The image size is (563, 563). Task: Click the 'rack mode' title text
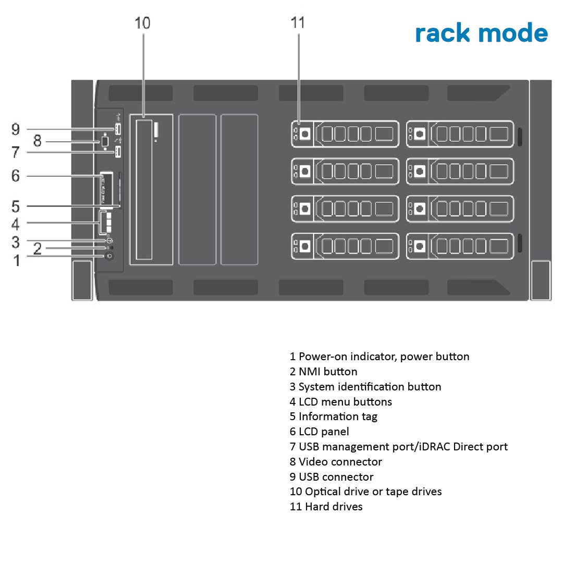click(x=481, y=33)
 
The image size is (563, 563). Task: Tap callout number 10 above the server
click(x=142, y=23)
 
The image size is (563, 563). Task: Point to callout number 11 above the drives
click(x=298, y=23)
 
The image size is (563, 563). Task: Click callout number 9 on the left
click(x=16, y=129)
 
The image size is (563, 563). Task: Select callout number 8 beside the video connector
click(x=37, y=141)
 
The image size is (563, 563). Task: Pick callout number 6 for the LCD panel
click(x=16, y=176)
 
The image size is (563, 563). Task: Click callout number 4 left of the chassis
click(x=16, y=224)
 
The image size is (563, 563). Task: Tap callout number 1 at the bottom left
click(x=16, y=259)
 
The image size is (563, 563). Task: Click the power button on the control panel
click(x=109, y=256)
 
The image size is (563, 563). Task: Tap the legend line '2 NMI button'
click(x=323, y=372)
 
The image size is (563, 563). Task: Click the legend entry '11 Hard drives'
click(x=326, y=506)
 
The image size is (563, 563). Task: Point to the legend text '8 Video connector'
click(x=336, y=462)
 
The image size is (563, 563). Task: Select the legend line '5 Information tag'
click(x=334, y=417)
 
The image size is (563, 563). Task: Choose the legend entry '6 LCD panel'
click(x=319, y=432)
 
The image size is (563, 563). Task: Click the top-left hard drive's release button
click(x=305, y=134)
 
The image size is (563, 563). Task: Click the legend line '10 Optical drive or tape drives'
click(x=365, y=492)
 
